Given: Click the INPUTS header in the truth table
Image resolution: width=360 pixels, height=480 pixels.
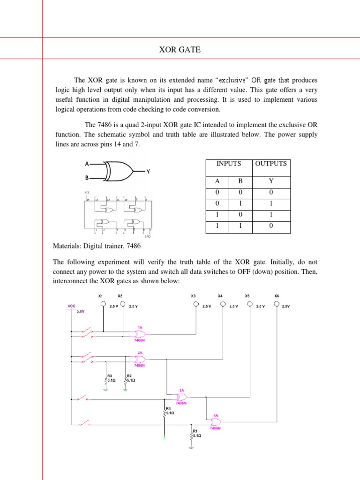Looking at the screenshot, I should pyautogui.click(x=229, y=164).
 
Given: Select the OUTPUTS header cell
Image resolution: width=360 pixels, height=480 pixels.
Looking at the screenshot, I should pyautogui.click(x=271, y=164).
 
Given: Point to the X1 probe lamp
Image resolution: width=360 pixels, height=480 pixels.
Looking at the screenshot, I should pyautogui.click(x=104, y=304).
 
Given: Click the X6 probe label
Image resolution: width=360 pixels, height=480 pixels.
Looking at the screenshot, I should pyautogui.click(x=277, y=296).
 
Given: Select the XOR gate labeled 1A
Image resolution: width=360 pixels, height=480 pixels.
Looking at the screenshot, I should pyautogui.click(x=139, y=334).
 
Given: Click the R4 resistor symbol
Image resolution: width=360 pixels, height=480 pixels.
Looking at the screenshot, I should pyautogui.click(x=164, y=412).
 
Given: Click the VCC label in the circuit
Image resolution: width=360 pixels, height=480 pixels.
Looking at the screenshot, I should pyautogui.click(x=71, y=305).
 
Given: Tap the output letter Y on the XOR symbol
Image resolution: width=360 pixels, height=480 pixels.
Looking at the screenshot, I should pyautogui.click(x=148, y=172).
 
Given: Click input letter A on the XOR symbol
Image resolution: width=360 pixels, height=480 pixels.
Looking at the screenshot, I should pyautogui.click(x=86, y=164).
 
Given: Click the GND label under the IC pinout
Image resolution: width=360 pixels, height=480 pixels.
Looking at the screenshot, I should pyautogui.click(x=147, y=237).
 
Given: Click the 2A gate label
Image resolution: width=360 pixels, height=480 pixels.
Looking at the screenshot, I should pyautogui.click(x=140, y=352).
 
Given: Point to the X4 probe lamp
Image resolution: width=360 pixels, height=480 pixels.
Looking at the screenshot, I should pyautogui.click(x=221, y=304).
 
